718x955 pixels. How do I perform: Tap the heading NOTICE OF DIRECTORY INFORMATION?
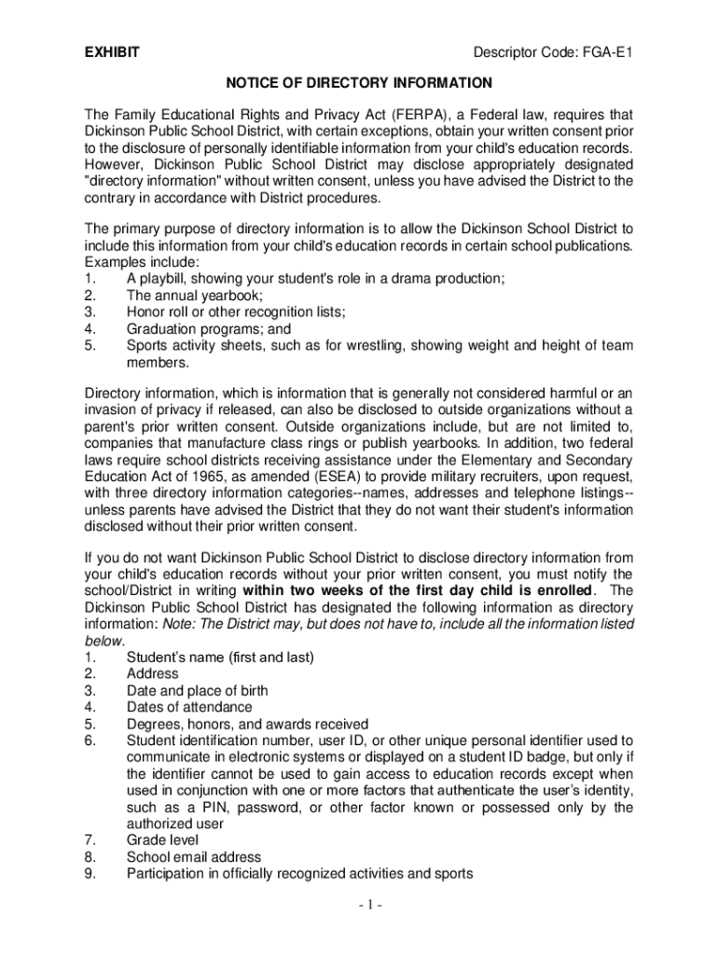pos(359,83)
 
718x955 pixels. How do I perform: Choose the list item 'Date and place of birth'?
pos(197,690)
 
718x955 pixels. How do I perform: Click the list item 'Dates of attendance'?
pos(189,707)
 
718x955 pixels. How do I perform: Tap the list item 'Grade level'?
pos(162,839)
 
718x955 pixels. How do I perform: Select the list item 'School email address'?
pos(194,856)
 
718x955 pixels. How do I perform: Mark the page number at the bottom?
pos(359,906)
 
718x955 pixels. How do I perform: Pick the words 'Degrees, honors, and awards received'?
pos(247,724)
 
